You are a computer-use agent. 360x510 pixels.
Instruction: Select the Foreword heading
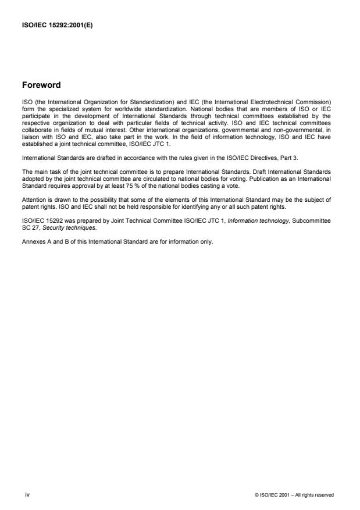click(41, 85)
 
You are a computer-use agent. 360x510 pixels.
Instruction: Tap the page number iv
click(26, 495)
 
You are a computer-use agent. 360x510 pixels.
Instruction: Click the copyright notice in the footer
click(294, 495)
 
